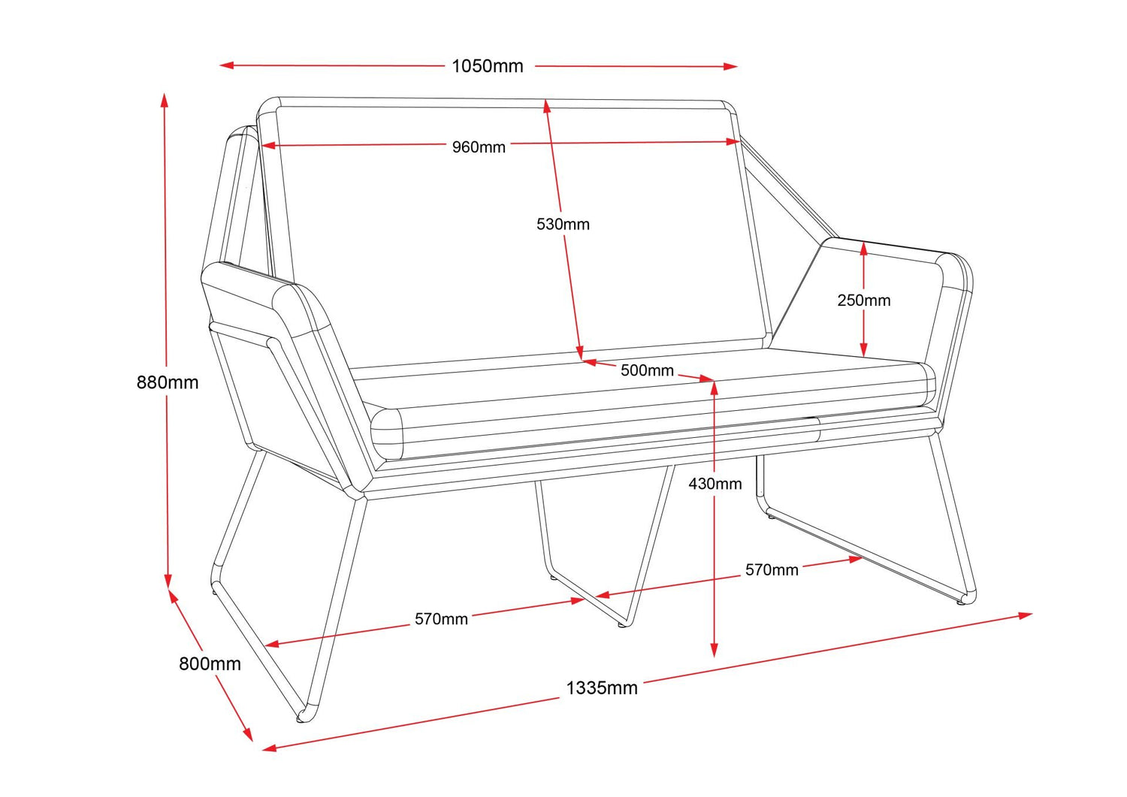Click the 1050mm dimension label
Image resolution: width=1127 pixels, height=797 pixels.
point(487,66)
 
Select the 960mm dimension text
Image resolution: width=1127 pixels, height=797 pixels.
point(479,147)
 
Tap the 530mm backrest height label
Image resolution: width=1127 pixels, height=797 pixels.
point(563,224)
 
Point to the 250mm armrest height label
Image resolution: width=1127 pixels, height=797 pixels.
point(864,300)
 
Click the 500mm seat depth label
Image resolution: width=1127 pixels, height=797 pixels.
point(647,370)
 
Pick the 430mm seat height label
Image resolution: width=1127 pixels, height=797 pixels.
point(715,484)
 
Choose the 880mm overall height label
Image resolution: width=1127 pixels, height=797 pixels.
point(168,382)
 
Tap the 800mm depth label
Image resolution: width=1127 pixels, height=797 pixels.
point(210,664)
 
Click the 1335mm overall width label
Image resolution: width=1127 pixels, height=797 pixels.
point(601,688)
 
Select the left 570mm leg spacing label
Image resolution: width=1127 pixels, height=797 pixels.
point(441,619)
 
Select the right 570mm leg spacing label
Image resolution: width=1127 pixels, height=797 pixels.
point(772,570)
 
